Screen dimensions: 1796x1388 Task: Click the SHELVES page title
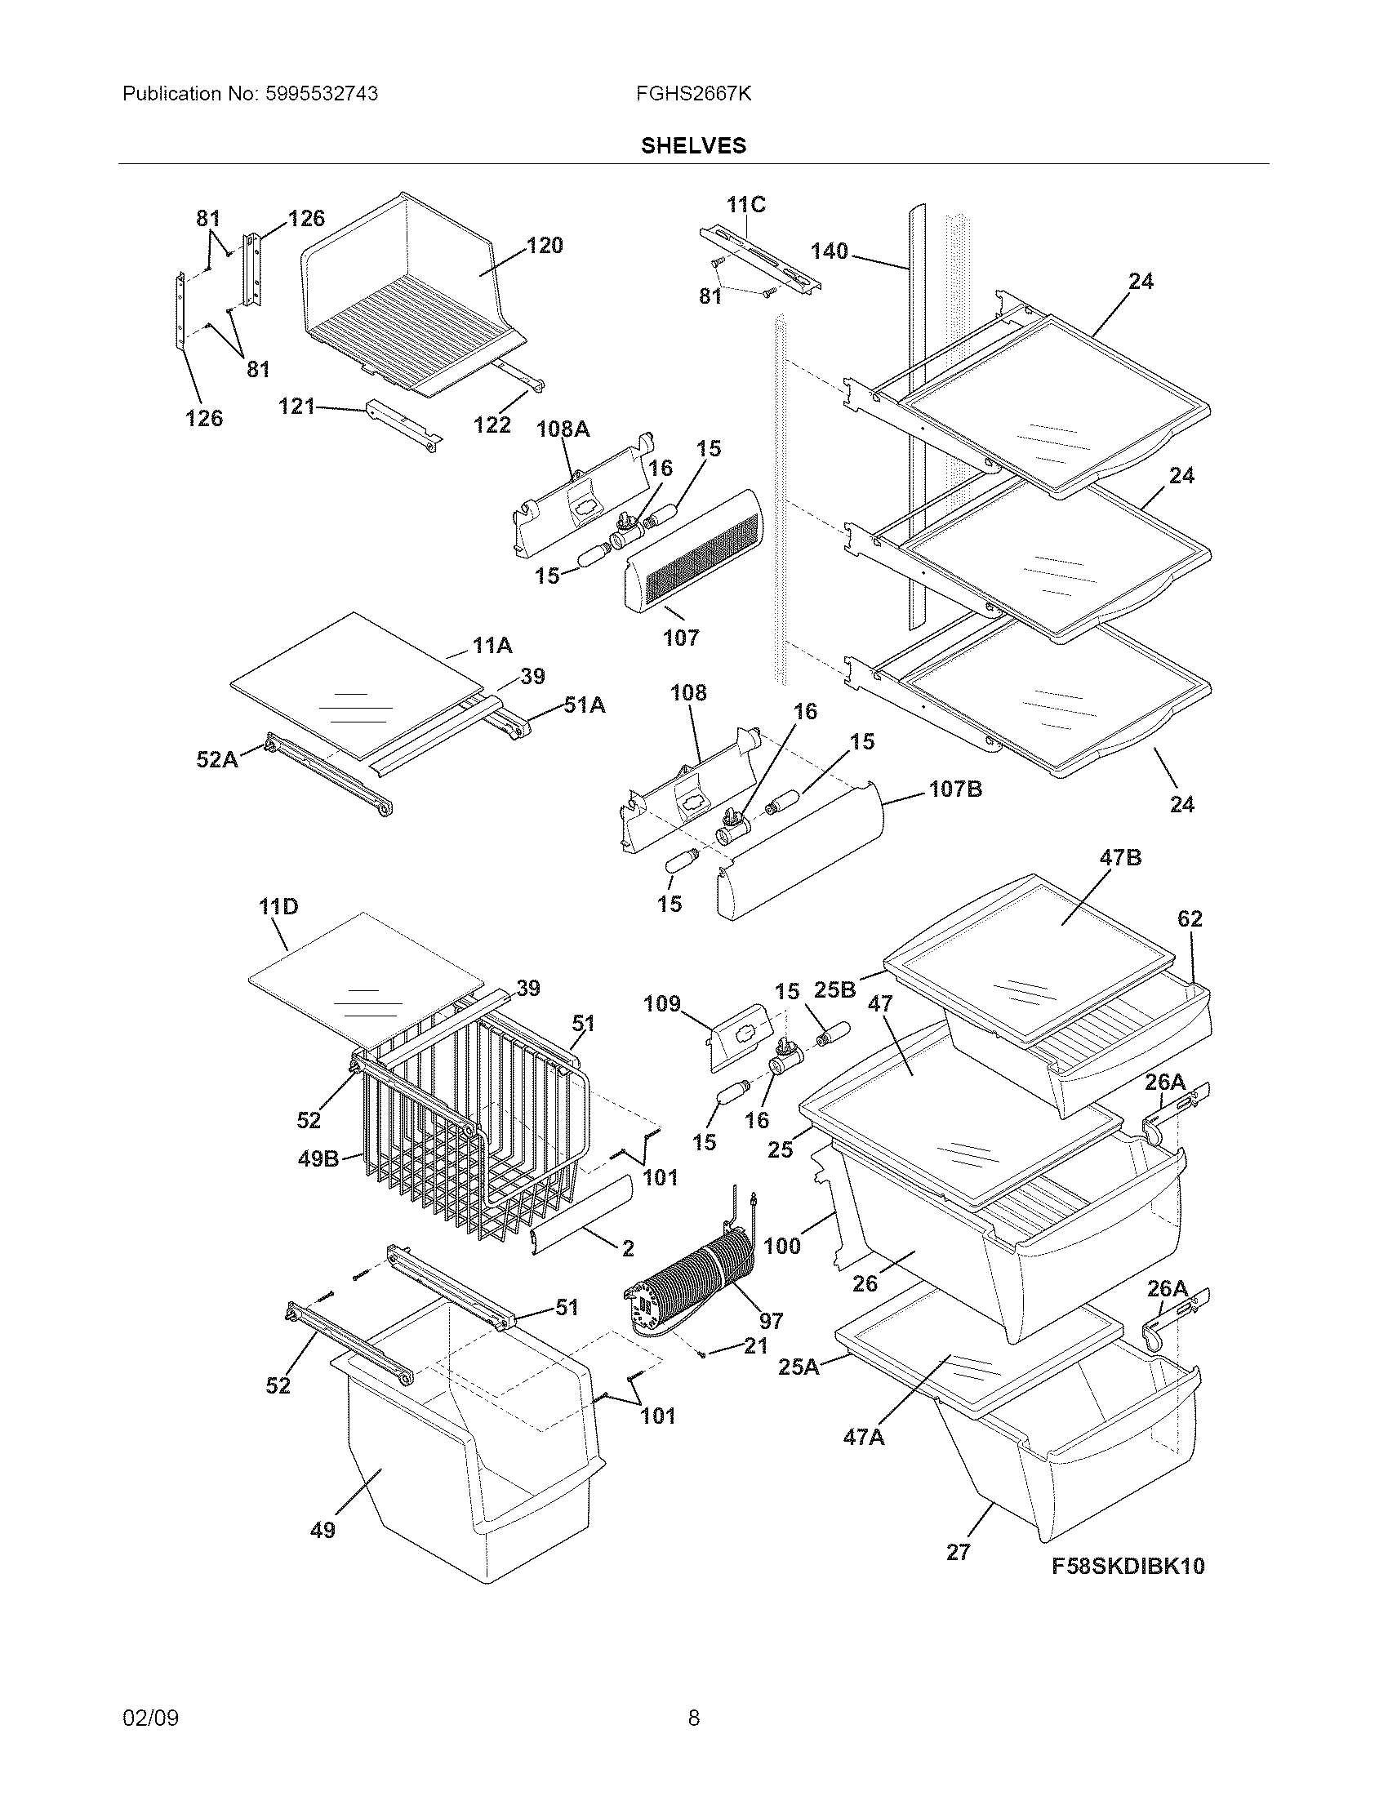[x=693, y=145]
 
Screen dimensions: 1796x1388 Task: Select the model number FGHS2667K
[x=693, y=94]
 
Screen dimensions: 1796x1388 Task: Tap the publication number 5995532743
[x=321, y=94]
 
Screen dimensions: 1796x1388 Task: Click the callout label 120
[x=545, y=245]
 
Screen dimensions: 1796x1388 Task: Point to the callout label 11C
[x=745, y=205]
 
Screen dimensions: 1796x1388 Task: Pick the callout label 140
[x=829, y=251]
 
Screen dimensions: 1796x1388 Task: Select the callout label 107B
[x=955, y=789]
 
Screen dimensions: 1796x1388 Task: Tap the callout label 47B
[x=1120, y=858]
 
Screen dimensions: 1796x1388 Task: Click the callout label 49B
[x=318, y=1159]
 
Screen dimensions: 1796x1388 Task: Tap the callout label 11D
[x=278, y=907]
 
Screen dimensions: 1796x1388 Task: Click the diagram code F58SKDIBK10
[x=1128, y=1566]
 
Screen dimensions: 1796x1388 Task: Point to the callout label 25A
[x=799, y=1367]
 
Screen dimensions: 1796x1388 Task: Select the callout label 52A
[x=216, y=760]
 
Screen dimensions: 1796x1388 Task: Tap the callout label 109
[x=662, y=1003]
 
